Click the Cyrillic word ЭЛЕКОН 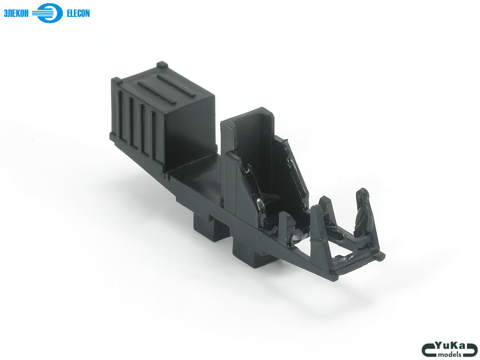coord(16,14)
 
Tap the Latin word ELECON coord(78,14)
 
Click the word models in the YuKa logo coord(450,354)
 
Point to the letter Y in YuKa coord(440,346)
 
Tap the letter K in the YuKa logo coord(454,345)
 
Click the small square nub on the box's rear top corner coord(162,65)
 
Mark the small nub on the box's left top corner coord(116,81)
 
